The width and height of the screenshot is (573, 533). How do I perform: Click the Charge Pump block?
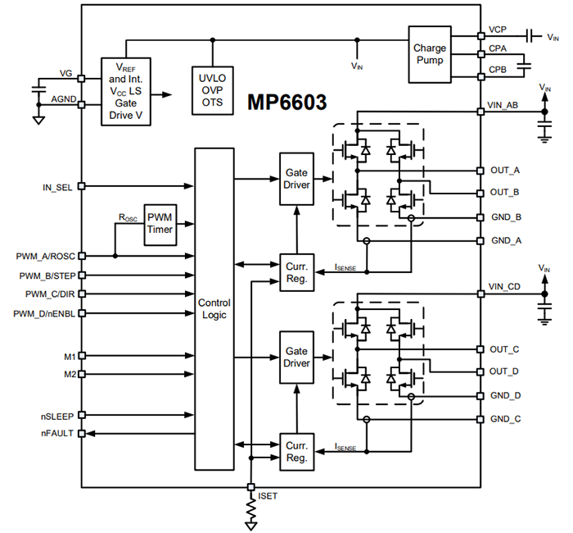430,54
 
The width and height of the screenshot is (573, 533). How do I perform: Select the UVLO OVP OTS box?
212,89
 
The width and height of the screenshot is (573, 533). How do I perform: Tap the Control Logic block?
214,309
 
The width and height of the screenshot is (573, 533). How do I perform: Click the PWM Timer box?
161,223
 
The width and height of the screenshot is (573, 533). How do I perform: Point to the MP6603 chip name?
287,103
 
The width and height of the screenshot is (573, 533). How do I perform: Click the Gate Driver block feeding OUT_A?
296,177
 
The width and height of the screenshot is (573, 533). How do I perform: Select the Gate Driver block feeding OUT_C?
296,357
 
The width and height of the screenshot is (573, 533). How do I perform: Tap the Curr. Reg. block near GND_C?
296,452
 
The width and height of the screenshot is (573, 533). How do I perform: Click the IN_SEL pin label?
57,186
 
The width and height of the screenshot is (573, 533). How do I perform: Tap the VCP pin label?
498,30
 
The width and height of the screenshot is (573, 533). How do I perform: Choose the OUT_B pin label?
504,193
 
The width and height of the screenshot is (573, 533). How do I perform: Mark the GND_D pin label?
504,395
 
